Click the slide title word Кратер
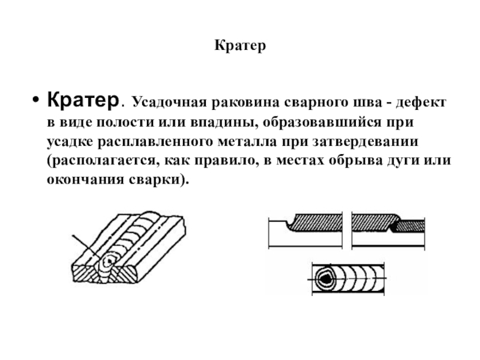coord(239,46)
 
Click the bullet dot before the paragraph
coord(36,99)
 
